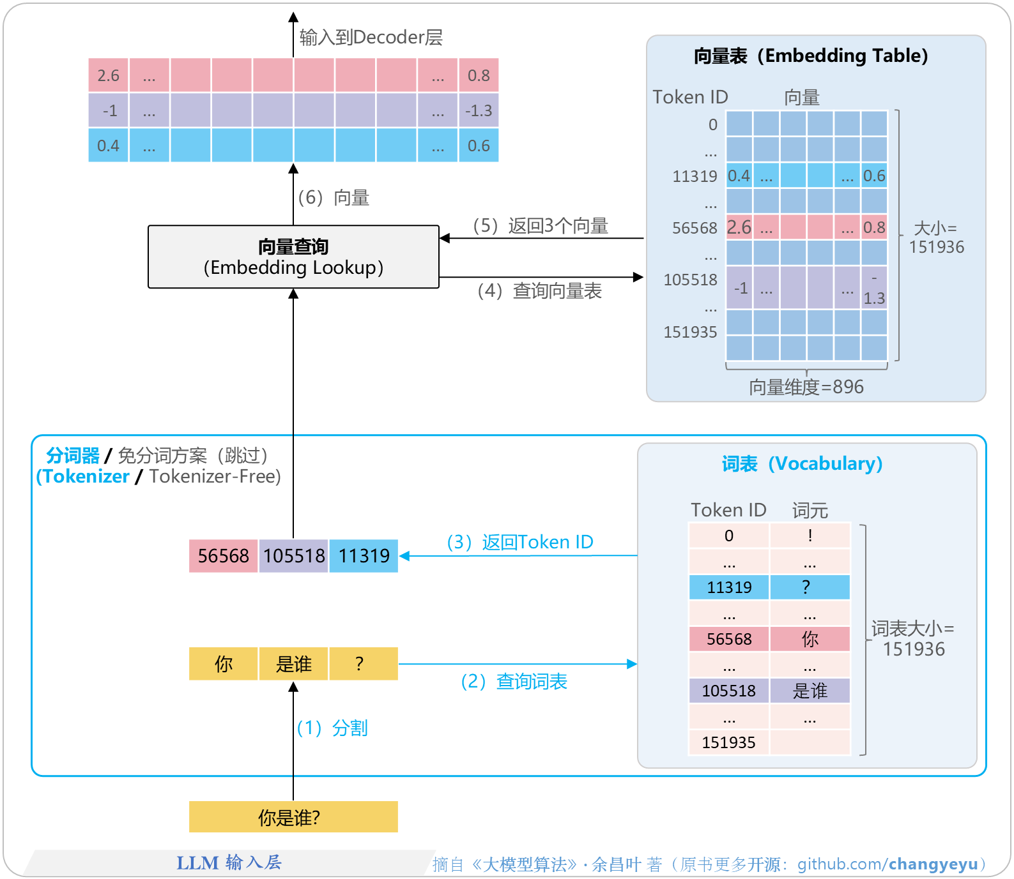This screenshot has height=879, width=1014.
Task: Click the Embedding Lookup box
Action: pyautogui.click(x=293, y=257)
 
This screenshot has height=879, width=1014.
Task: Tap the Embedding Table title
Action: pyautogui.click(x=810, y=56)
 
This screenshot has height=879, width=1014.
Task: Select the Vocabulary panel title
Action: pyautogui.click(x=802, y=463)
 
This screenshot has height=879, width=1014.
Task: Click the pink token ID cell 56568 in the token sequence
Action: pyautogui.click(x=223, y=556)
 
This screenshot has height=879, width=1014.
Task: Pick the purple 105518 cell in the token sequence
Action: pyautogui.click(x=294, y=556)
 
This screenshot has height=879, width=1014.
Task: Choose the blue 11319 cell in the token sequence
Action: pyautogui.click(x=364, y=556)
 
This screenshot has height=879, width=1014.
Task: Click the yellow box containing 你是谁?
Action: pyautogui.click(x=293, y=817)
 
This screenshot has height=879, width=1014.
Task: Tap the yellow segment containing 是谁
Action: pyautogui.click(x=293, y=664)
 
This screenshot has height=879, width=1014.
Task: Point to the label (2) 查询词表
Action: pyautogui.click(x=514, y=682)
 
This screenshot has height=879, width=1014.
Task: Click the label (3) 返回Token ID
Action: pyautogui.click(x=519, y=542)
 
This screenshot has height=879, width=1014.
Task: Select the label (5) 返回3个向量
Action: pyautogui.click(x=540, y=226)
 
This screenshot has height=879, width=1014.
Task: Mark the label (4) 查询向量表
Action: pyautogui.click(x=539, y=291)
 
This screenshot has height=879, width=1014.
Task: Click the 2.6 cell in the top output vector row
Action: pyautogui.click(x=108, y=75)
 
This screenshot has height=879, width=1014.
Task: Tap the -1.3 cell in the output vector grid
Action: pyautogui.click(x=479, y=110)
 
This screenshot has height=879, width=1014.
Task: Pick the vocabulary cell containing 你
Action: pyautogui.click(x=810, y=639)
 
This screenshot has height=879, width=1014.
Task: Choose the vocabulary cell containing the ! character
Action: pyautogui.click(x=810, y=536)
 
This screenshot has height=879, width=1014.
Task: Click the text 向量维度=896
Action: pyautogui.click(x=806, y=387)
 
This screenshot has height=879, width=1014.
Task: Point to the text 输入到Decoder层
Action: pyautogui.click(x=371, y=38)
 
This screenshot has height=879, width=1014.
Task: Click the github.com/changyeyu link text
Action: pyautogui.click(x=887, y=864)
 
